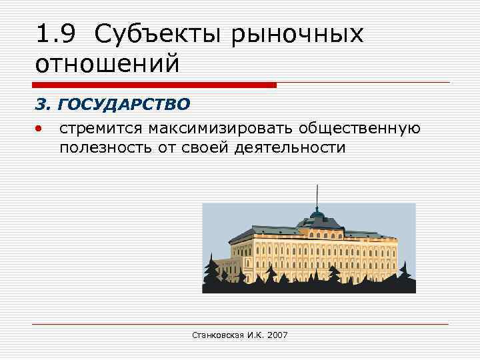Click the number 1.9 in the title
(57, 34)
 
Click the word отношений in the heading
(107, 64)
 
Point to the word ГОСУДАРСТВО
(125, 105)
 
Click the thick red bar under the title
(153, 85)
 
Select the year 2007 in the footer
(277, 335)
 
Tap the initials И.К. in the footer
(253, 335)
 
